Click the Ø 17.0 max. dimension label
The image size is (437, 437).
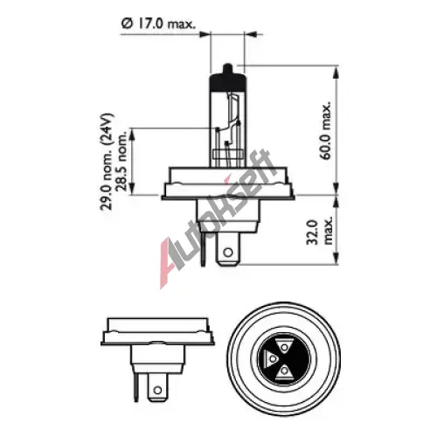158,24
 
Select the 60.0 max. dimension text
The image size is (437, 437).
326,130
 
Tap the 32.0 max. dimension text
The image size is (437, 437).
320,232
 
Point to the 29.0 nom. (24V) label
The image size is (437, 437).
106,162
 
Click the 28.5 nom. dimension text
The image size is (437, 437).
122,160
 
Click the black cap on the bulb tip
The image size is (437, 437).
227,82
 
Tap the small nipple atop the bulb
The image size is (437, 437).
227,69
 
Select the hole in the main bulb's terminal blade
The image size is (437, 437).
228,252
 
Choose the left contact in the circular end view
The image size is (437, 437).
271,358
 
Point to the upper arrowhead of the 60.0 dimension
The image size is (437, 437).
336,72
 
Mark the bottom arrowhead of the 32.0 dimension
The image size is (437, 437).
336,259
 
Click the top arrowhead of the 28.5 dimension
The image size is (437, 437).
132,135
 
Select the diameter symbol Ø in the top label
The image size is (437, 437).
127,24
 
